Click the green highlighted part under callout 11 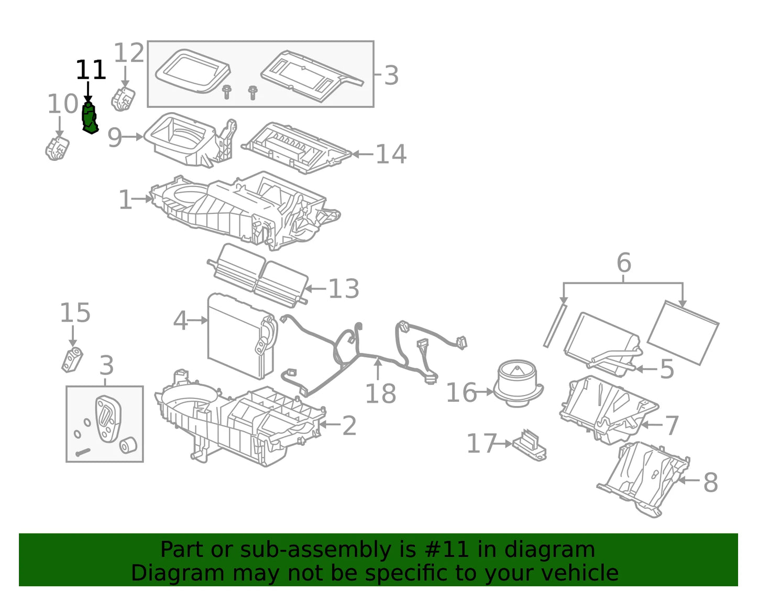coord(90,118)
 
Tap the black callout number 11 coord(91,70)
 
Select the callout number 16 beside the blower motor coord(460,392)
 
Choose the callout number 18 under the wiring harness coord(380,393)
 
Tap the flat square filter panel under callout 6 coord(683,332)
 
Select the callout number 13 coord(344,289)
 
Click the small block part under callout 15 coord(71,359)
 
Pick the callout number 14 coord(391,154)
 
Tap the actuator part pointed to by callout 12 coord(123,98)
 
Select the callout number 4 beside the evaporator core coord(180,321)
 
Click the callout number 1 coord(125,200)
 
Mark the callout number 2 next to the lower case coord(349,425)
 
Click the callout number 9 coord(115,137)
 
